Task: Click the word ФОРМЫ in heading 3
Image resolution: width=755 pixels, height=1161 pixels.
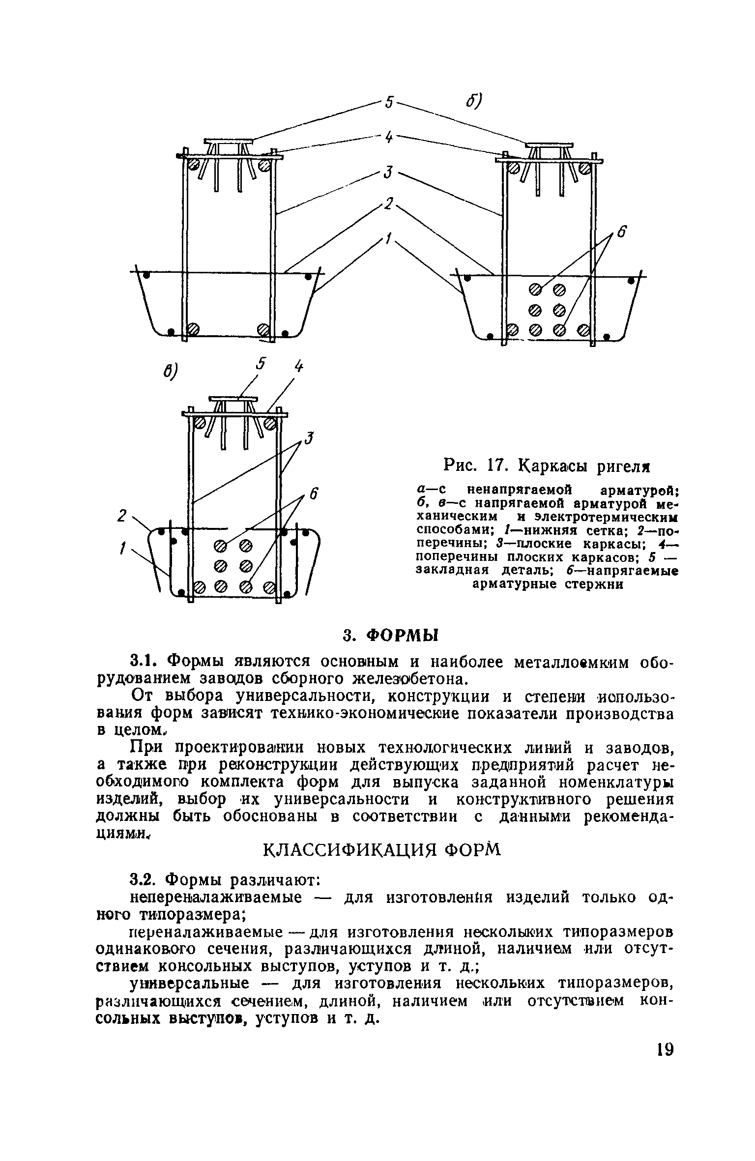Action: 402,636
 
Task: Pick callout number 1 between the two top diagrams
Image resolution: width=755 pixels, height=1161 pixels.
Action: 389,239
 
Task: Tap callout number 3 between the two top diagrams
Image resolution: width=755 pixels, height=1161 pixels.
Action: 389,173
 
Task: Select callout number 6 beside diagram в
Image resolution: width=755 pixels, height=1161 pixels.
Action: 315,493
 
